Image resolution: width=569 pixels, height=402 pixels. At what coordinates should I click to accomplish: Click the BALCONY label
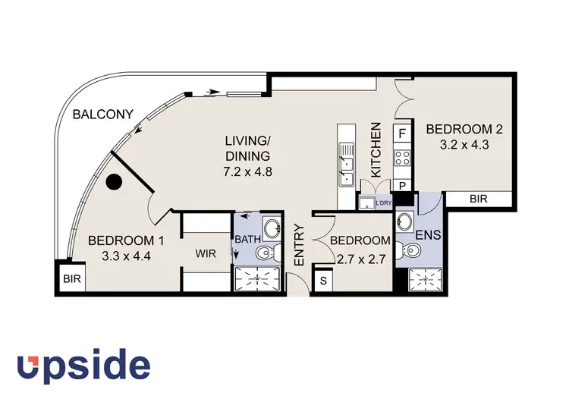pos(103,115)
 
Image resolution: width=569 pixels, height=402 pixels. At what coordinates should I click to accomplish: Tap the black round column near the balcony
pos(115,183)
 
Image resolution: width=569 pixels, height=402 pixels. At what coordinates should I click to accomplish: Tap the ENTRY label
pos(299,244)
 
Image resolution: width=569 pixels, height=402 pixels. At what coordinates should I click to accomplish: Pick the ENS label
pos(433,235)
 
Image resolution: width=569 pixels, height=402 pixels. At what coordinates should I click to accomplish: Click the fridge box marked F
pos(402,133)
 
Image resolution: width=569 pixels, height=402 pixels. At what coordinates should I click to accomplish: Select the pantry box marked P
pos(402,184)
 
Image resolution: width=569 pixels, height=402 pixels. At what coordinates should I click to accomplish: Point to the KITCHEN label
pos(375,150)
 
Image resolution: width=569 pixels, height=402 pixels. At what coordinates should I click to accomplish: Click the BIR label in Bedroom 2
pos(479,199)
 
